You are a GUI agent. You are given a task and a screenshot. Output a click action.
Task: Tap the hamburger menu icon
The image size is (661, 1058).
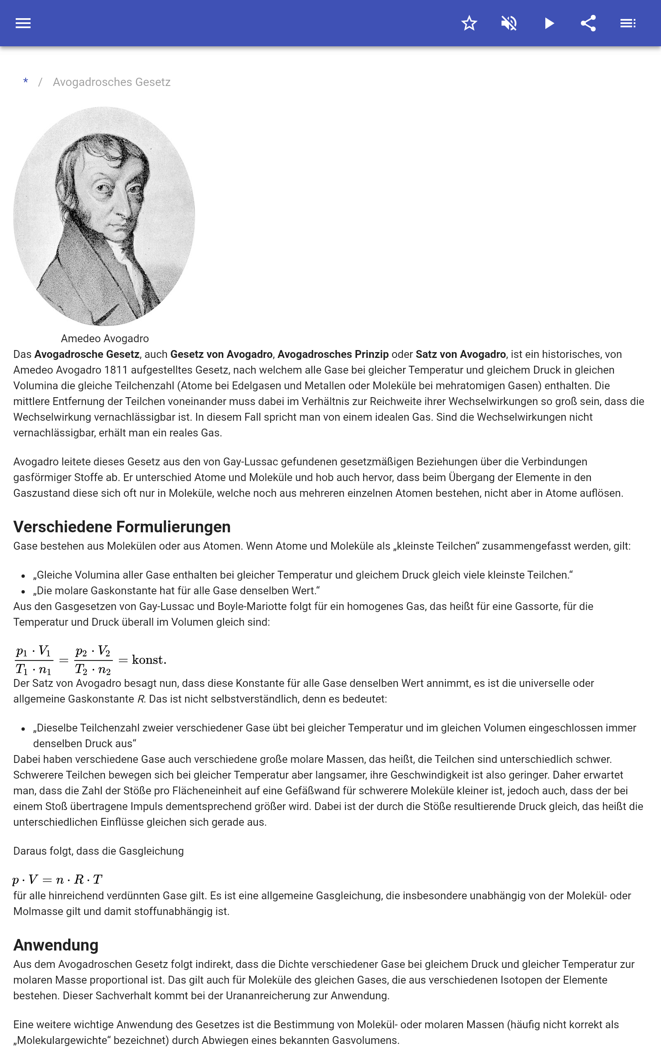(x=23, y=23)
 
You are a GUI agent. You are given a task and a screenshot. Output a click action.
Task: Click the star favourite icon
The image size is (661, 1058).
(x=469, y=23)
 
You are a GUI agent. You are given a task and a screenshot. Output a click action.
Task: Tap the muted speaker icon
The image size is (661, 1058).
(x=509, y=23)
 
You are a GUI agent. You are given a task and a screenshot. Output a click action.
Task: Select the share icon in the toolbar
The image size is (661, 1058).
(x=588, y=23)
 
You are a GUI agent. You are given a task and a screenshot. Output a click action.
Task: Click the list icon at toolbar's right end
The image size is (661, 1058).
(x=628, y=23)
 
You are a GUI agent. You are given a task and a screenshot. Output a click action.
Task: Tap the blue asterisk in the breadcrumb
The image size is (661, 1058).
(x=26, y=82)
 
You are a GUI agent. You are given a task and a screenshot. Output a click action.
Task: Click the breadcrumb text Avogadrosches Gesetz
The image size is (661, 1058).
(x=112, y=82)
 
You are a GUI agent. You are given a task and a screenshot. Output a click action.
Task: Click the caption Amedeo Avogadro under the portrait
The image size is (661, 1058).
(x=105, y=338)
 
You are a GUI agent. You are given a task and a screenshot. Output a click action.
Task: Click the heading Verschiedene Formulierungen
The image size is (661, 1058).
(x=122, y=527)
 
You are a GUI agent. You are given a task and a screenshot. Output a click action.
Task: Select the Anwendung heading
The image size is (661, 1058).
(x=56, y=945)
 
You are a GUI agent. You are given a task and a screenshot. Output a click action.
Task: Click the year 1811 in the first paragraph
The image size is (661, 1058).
(x=116, y=370)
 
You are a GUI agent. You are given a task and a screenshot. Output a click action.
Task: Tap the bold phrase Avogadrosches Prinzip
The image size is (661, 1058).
(x=333, y=354)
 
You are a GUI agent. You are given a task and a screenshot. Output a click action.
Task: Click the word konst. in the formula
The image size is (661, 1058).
(x=149, y=660)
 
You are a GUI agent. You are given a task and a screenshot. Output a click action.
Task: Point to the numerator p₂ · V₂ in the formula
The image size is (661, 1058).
(x=93, y=651)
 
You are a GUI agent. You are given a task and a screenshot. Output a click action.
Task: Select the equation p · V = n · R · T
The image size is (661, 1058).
(x=57, y=879)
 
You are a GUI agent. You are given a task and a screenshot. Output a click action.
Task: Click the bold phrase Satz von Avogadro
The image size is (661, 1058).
(x=460, y=354)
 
